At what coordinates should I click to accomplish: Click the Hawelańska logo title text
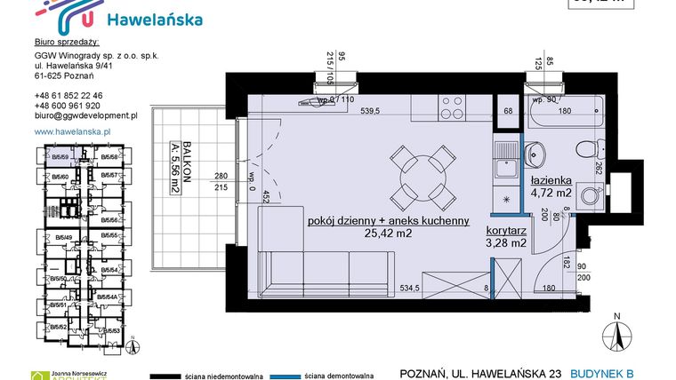tap(154, 20)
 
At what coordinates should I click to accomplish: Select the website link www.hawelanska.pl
tap(71, 131)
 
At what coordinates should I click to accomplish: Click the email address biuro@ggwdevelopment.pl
tap(85, 115)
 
